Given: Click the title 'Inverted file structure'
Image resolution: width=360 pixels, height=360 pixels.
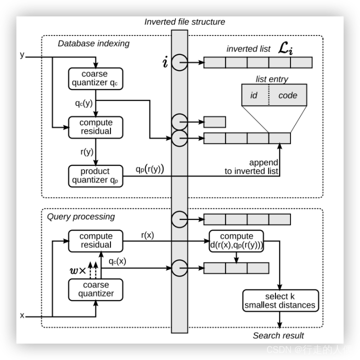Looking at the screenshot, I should click(x=184, y=22).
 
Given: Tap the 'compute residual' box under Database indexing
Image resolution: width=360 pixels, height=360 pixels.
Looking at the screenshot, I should click(x=95, y=127).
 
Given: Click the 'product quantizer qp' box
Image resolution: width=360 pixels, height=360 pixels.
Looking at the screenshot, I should click(x=95, y=175).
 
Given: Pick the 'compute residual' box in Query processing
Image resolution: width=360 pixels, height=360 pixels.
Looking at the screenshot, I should click(x=95, y=240).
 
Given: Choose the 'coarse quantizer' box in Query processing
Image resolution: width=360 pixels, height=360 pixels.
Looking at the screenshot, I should click(x=95, y=289).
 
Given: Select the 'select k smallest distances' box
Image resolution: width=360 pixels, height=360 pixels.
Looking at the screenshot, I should click(x=279, y=300).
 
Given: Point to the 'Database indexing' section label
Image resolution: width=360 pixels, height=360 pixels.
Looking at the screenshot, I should click(x=93, y=43).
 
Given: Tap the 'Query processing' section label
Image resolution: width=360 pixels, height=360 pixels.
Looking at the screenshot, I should click(x=80, y=216).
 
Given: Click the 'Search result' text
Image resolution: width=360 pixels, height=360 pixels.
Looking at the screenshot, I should click(x=278, y=335).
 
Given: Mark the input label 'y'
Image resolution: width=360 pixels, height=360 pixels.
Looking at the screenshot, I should click(x=21, y=54).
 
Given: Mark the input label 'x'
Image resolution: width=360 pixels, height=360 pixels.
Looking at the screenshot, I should click(x=21, y=315).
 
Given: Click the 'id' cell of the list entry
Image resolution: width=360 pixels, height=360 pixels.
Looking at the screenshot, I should click(x=254, y=95).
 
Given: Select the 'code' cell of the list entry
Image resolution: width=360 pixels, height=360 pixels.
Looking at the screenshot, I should click(x=287, y=95).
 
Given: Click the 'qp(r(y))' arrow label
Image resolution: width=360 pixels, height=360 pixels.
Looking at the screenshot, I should click(x=149, y=169).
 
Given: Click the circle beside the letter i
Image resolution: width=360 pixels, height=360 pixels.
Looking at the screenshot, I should click(x=179, y=62).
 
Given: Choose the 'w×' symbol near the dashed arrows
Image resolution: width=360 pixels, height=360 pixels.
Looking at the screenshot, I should click(x=77, y=270).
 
